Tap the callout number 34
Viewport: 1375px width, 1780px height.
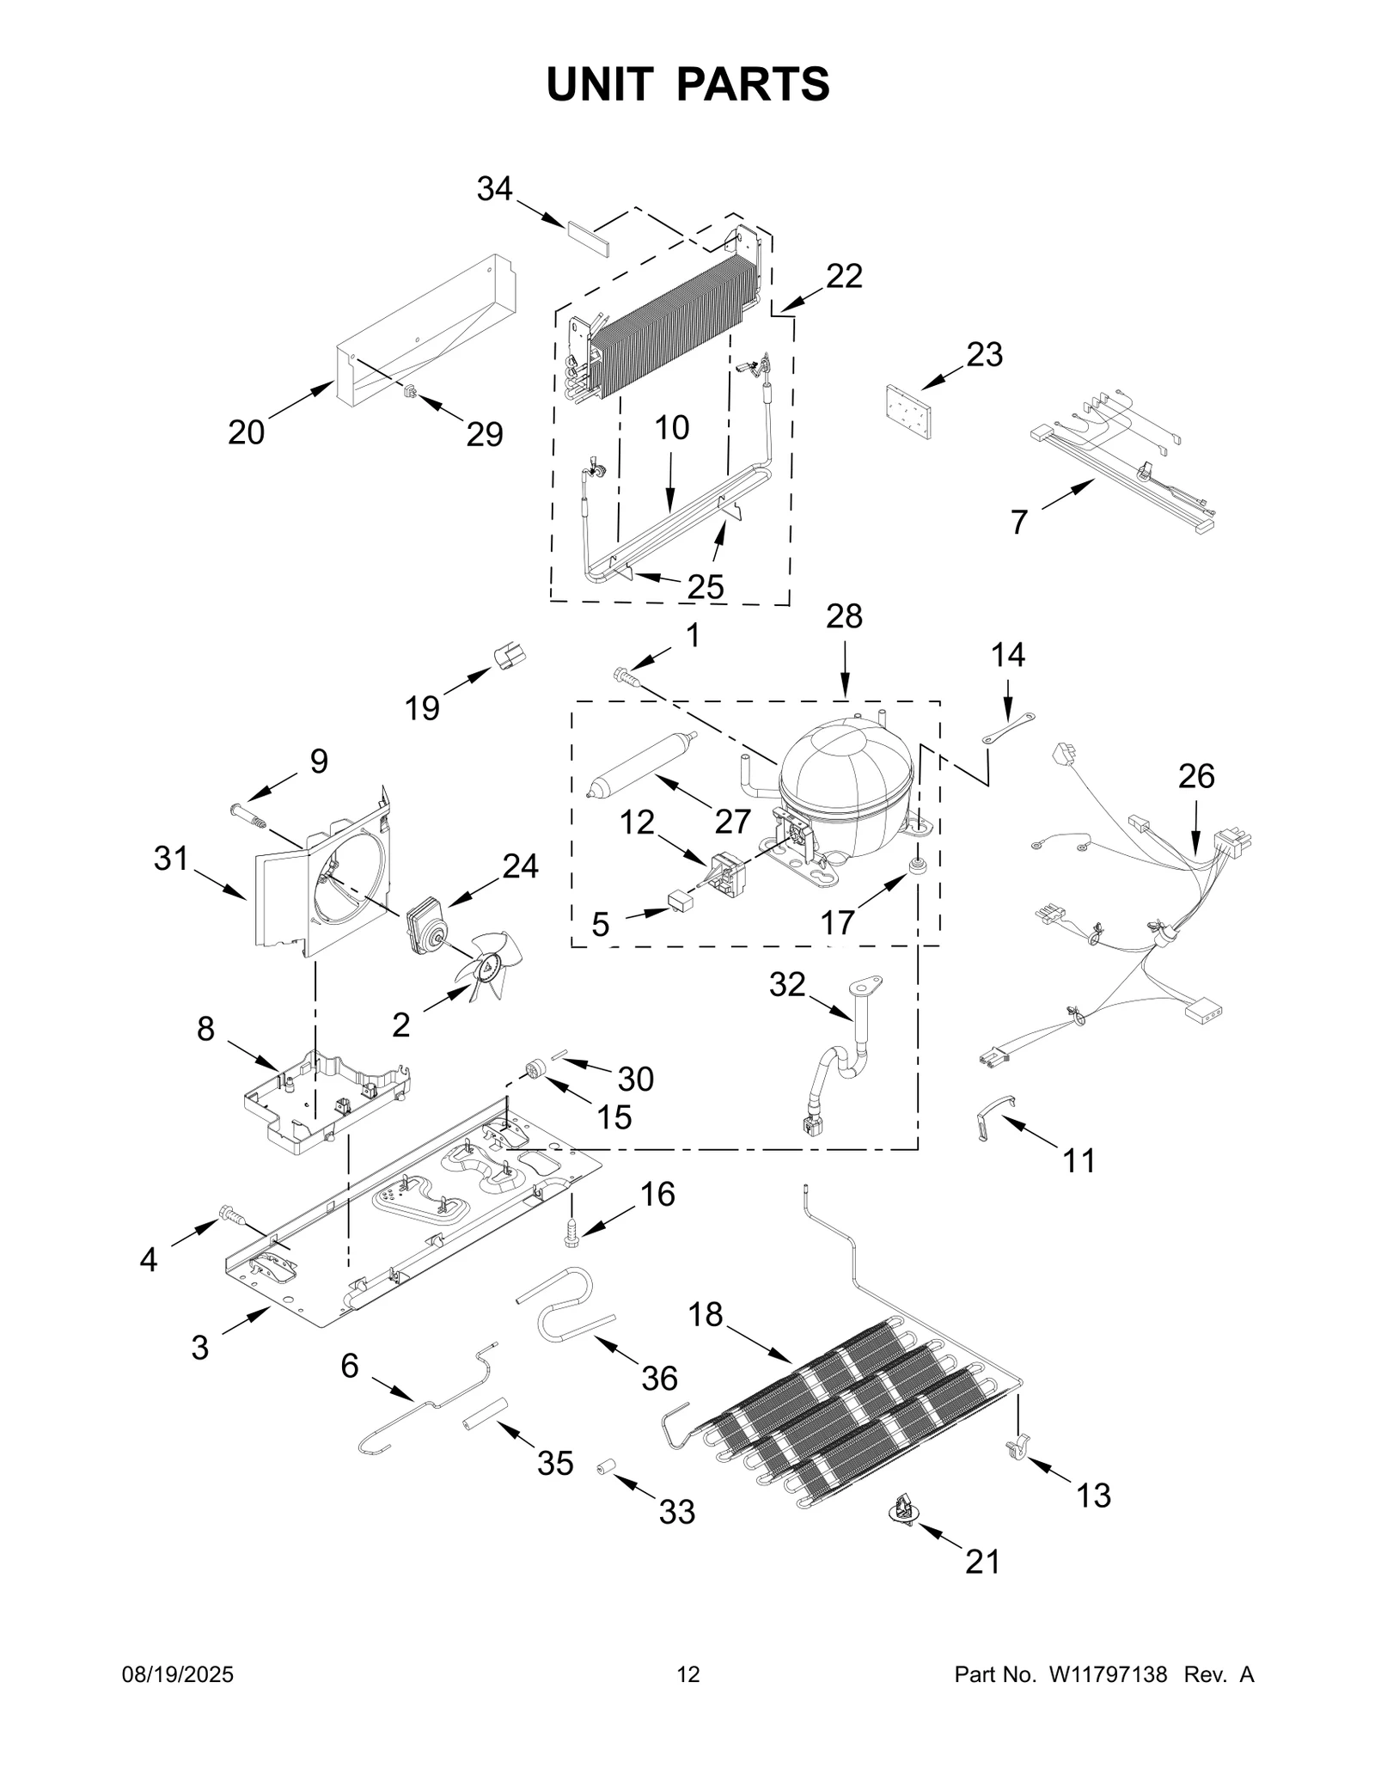(494, 189)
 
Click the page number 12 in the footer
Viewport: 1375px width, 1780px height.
(688, 1674)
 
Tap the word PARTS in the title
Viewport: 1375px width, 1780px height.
(753, 84)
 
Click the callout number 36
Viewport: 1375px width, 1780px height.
(659, 1378)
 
